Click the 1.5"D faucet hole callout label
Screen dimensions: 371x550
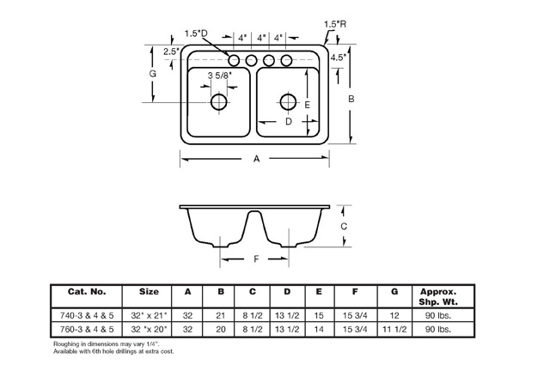[x=197, y=33]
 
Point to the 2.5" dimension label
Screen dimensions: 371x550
[x=171, y=52]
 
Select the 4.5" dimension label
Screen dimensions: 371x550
[x=338, y=58]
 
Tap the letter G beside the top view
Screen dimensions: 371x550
[x=152, y=75]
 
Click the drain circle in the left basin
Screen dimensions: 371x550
[x=220, y=103]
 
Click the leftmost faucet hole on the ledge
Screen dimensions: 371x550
[x=235, y=60]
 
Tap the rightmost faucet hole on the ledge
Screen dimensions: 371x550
[x=284, y=60]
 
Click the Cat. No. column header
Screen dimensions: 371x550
[x=86, y=291]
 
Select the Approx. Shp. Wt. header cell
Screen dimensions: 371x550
[x=437, y=295]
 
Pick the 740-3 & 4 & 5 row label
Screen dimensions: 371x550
[x=86, y=314]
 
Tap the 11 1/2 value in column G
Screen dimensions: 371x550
[x=394, y=329]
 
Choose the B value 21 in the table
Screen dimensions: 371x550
[x=221, y=314]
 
